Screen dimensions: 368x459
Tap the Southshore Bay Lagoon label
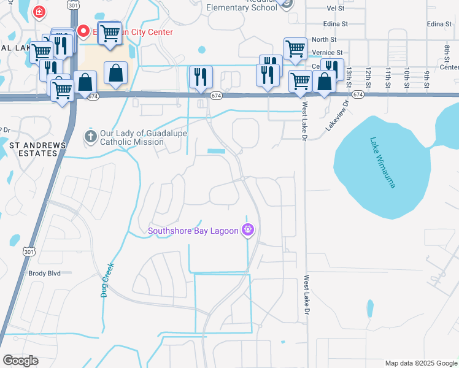[x=193, y=231]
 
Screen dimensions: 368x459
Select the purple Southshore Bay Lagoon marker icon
[x=248, y=231]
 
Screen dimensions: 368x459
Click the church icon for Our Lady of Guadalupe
[x=91, y=136]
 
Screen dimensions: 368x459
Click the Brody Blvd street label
[x=44, y=274]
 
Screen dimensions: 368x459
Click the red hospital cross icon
[x=39, y=12]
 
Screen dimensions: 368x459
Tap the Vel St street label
[x=336, y=9]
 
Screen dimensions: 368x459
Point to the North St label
[x=325, y=39]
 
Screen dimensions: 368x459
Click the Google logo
[x=20, y=361]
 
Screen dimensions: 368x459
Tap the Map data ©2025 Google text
[x=420, y=363]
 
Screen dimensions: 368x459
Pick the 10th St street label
[x=406, y=79]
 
